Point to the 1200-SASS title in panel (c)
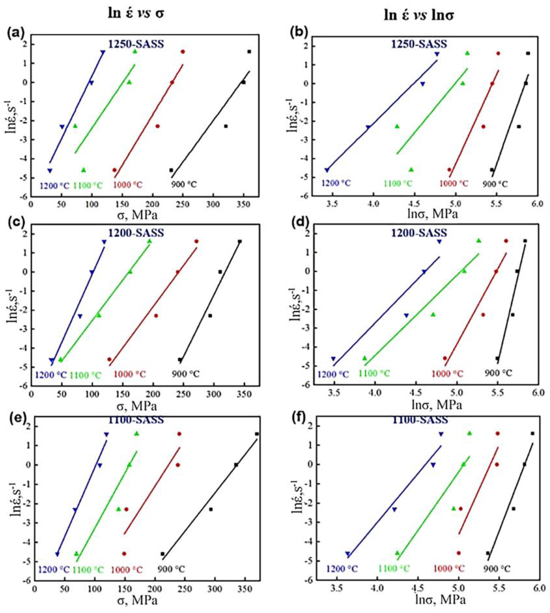click(x=136, y=233)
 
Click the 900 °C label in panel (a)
click(x=184, y=184)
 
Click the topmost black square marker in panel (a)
click(x=249, y=52)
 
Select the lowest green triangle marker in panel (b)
click(x=411, y=170)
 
